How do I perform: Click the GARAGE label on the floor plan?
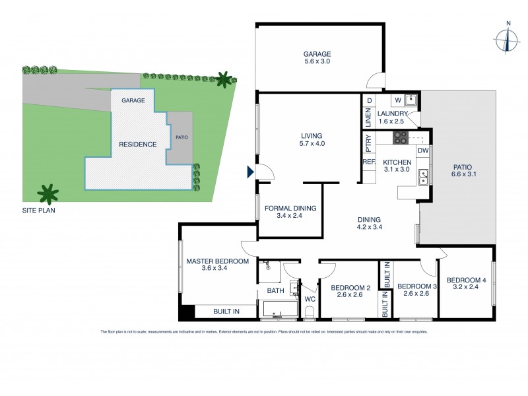pyautogui.click(x=317, y=54)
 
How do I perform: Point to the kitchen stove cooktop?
pyautogui.click(x=401, y=138)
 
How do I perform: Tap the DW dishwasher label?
pyautogui.click(x=423, y=151)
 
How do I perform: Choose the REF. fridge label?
pyautogui.click(x=368, y=162)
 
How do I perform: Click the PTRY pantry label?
pyautogui.click(x=368, y=140)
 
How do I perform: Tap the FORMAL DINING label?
pyautogui.click(x=290, y=212)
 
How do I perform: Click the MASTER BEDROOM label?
pyautogui.click(x=217, y=265)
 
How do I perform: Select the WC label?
pyautogui.click(x=309, y=299)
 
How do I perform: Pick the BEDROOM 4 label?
pyautogui.click(x=466, y=284)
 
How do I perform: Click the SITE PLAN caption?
pyautogui.click(x=38, y=212)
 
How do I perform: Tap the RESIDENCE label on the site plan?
pyautogui.click(x=137, y=144)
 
